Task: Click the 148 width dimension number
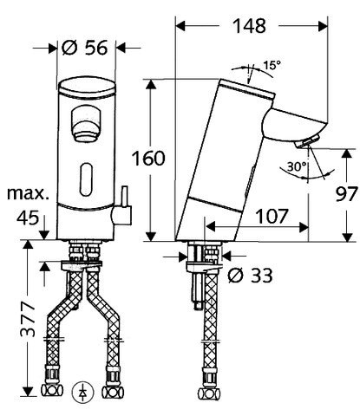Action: [x=249, y=26]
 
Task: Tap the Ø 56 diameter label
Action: [x=85, y=47]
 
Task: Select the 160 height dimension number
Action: [x=148, y=159]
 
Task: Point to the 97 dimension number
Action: [x=346, y=193]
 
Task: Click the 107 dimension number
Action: [x=272, y=216]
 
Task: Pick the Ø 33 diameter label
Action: [x=250, y=276]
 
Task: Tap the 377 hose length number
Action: [x=28, y=320]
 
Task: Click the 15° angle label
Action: [x=272, y=65]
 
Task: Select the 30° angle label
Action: [x=297, y=166]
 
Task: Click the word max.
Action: [x=28, y=193]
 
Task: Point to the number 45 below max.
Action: [x=28, y=218]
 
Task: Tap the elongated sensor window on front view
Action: [x=86, y=179]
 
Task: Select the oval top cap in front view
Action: [x=86, y=88]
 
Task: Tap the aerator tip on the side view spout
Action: [x=307, y=141]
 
